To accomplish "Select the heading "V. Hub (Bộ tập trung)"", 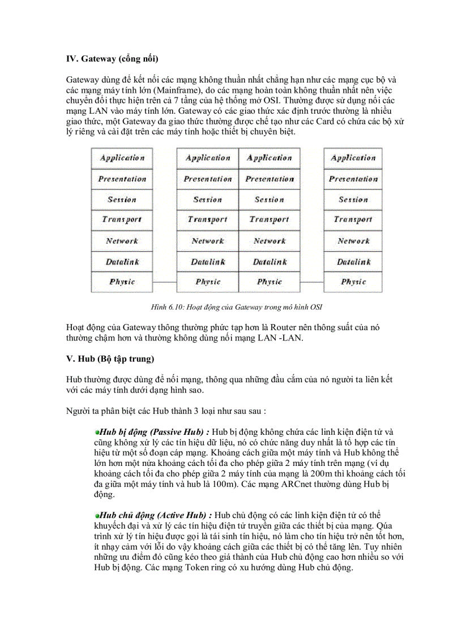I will click(x=110, y=358).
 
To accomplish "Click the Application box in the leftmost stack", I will click(x=122, y=158).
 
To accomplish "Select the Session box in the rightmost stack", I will click(x=353, y=200).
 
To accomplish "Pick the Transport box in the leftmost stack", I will click(x=122, y=220).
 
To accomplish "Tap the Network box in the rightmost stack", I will click(x=353, y=241).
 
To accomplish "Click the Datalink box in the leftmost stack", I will click(x=122, y=262).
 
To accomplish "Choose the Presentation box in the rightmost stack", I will click(x=353, y=179).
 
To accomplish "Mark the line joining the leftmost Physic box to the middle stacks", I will click(x=165, y=282).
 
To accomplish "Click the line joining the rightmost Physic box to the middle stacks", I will click(x=311, y=282).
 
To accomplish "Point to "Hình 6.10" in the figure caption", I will click(x=167, y=307).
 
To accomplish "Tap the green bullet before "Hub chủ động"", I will click(x=97, y=515).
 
